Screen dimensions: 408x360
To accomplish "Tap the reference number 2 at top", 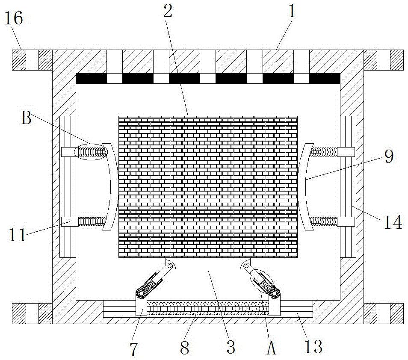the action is point(168,12).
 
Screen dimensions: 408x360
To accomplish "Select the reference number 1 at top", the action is point(292,12).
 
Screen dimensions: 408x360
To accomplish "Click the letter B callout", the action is point(27,118).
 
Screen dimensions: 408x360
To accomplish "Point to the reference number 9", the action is point(388,157).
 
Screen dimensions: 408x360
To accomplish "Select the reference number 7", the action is point(134,348).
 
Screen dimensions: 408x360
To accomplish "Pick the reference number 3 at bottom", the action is point(231,347).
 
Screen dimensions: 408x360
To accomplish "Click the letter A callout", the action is point(271,348).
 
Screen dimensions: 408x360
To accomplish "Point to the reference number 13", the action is point(314,346).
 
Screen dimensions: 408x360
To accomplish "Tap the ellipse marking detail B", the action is point(91,152).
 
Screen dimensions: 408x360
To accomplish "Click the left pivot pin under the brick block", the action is point(170,266).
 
